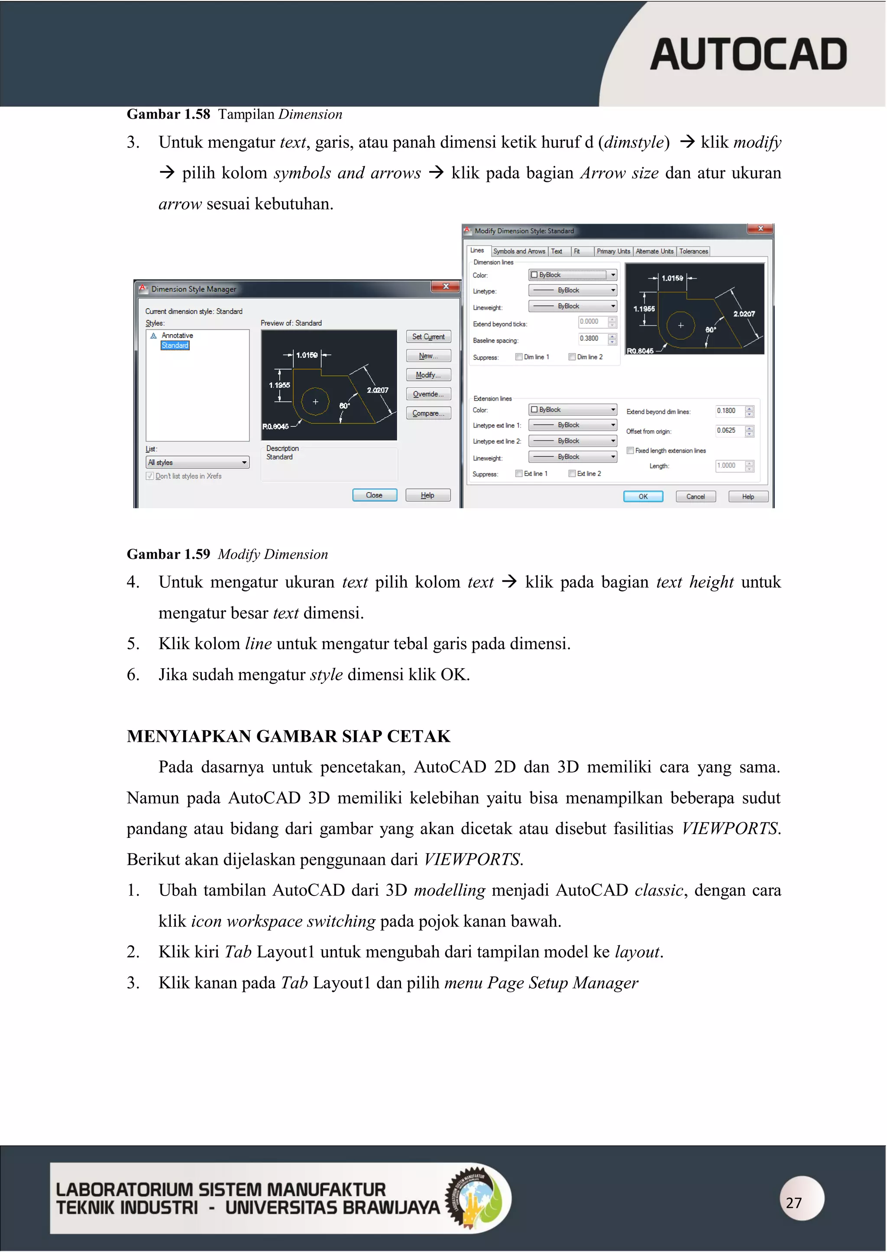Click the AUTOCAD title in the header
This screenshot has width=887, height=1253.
pyautogui.click(x=748, y=55)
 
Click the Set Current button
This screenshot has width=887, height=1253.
pyautogui.click(x=428, y=337)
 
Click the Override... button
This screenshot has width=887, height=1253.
pyautogui.click(x=428, y=394)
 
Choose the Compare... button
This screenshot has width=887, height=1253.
pyautogui.click(x=428, y=413)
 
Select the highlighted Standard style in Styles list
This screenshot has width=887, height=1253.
pyautogui.click(x=175, y=345)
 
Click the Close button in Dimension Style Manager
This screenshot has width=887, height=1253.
pyautogui.click(x=374, y=495)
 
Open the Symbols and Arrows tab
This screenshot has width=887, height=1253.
pyautogui.click(x=519, y=251)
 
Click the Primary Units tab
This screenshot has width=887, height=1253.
pyautogui.click(x=613, y=251)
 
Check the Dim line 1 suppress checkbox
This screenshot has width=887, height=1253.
pyautogui.click(x=519, y=357)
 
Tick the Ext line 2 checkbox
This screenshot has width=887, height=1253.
pyautogui.click(x=572, y=473)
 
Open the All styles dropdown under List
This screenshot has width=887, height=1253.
pyautogui.click(x=197, y=462)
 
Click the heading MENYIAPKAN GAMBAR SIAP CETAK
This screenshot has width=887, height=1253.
pyautogui.click(x=288, y=736)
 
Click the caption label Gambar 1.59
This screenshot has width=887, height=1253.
pyautogui.click(x=168, y=554)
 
